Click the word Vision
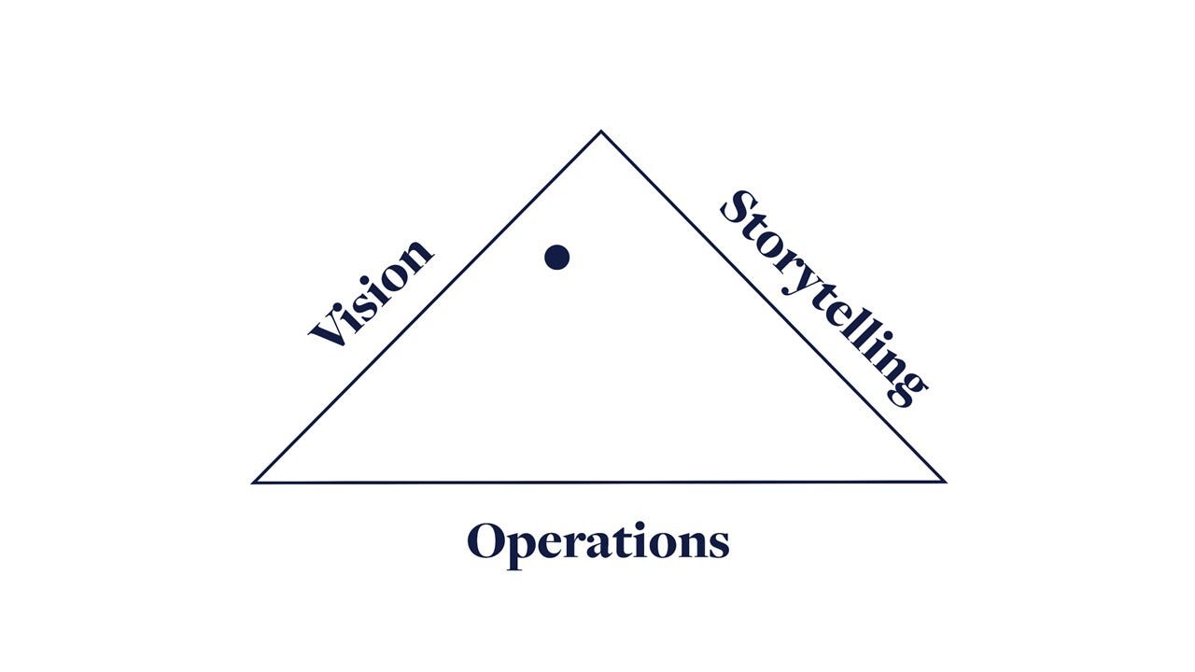(372, 293)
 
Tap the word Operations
(597, 541)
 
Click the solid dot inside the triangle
(557, 257)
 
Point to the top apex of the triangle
(600, 132)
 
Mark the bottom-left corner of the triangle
(255, 482)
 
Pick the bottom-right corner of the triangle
(944, 482)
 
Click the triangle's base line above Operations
(597, 483)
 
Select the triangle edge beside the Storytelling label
(775, 308)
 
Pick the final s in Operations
(717, 543)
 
